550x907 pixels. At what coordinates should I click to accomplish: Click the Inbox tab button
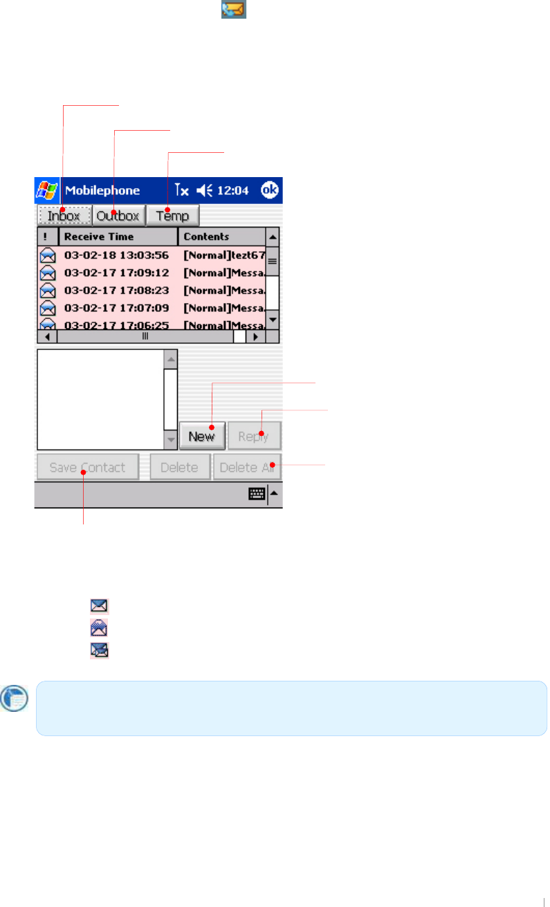tap(64, 216)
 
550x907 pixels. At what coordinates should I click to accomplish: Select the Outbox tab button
tap(118, 216)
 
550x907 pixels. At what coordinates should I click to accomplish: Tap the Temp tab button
tap(172, 216)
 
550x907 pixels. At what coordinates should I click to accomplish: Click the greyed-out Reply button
tap(255, 437)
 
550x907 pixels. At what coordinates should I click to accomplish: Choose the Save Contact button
tap(87, 467)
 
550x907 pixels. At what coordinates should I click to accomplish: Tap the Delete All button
tap(247, 467)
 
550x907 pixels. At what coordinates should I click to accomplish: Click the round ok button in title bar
tap(270, 190)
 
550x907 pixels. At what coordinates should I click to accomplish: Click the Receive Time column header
tap(118, 237)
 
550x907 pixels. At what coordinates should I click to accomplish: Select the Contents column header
tap(221, 237)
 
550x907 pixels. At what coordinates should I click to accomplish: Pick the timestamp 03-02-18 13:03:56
tap(116, 255)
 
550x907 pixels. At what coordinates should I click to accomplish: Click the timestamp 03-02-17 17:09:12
tap(116, 273)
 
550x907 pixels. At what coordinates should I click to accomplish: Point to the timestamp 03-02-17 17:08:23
tap(116, 291)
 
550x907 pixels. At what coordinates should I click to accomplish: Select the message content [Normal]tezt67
tap(224, 255)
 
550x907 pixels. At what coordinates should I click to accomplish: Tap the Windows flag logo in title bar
tap(46, 190)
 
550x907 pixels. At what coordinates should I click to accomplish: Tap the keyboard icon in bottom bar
tap(257, 495)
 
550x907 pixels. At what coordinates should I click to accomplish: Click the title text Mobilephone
tap(102, 190)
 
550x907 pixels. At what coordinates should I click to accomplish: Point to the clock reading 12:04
tap(236, 190)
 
